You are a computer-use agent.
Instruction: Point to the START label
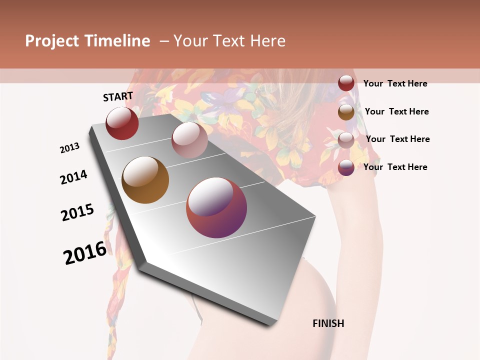click(118, 96)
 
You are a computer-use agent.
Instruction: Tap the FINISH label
click(328, 323)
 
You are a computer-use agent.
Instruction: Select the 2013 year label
click(69, 148)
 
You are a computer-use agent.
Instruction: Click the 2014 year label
click(73, 177)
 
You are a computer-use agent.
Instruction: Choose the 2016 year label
click(85, 253)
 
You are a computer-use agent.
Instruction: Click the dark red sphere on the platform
click(122, 123)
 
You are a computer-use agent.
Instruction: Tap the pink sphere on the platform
click(189, 140)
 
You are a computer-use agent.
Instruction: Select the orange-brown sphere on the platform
click(145, 180)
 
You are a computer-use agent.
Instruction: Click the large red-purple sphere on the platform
click(216, 207)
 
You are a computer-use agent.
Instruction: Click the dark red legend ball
click(346, 83)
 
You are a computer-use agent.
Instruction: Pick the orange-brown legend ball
click(346, 112)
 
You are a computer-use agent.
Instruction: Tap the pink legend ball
click(346, 140)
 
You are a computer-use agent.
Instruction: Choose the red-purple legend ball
click(346, 167)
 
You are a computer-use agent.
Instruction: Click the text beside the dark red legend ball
click(395, 83)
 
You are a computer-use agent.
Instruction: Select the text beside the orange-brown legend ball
click(396, 111)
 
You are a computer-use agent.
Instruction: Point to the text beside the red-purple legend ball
click(395, 167)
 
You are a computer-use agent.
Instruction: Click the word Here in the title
click(267, 41)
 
